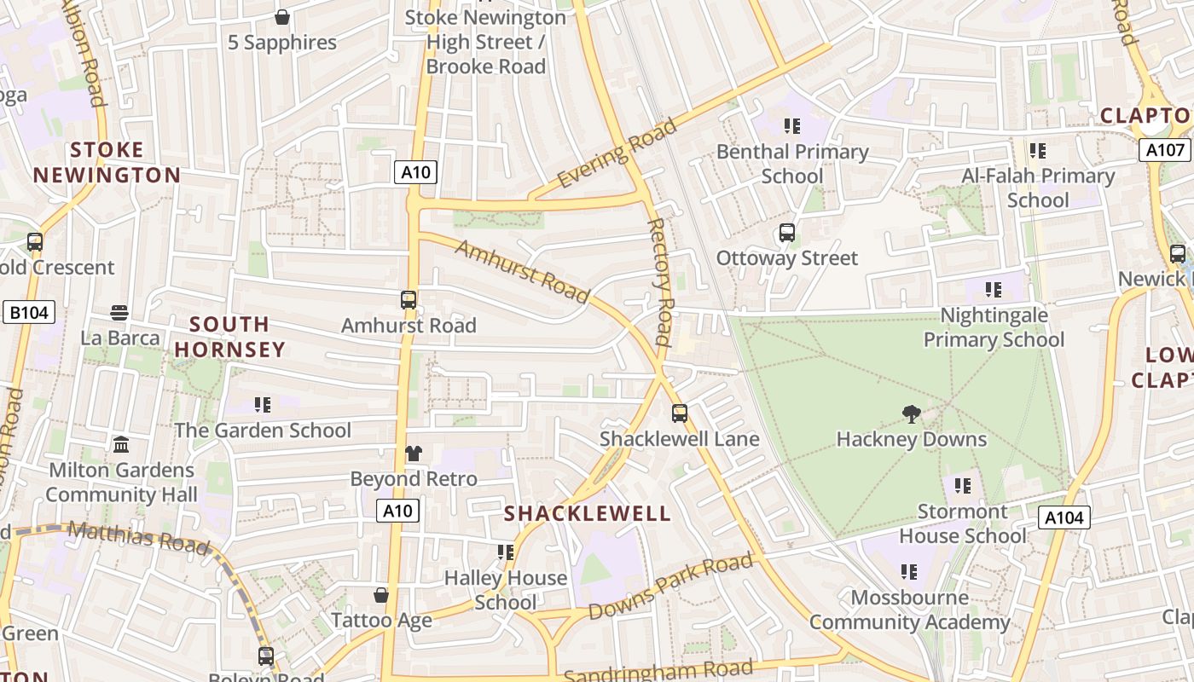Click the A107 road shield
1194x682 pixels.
pyautogui.click(x=1165, y=151)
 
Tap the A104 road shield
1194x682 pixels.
pyautogui.click(x=1064, y=517)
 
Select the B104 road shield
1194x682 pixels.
pyautogui.click(x=29, y=313)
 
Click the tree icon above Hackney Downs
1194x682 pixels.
pyautogui.click(x=911, y=415)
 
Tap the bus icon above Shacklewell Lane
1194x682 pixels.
pyautogui.click(x=679, y=413)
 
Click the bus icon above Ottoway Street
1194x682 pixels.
pyautogui.click(x=786, y=233)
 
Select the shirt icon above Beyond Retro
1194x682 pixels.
pyautogui.click(x=414, y=454)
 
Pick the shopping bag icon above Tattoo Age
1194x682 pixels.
pyautogui.click(x=381, y=595)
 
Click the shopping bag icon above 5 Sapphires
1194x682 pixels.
pyautogui.click(x=282, y=17)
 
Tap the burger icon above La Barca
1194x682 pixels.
pyautogui.click(x=119, y=313)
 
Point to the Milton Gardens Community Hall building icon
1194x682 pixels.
pyautogui.click(x=121, y=445)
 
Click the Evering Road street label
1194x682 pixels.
pyautogui.click(x=617, y=153)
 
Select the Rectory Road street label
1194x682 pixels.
pyautogui.click(x=660, y=281)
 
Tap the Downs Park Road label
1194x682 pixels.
pyautogui.click(x=670, y=587)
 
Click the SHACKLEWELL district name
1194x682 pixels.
pyautogui.click(x=588, y=513)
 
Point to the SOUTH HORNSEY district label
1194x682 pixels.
pyautogui.click(x=229, y=337)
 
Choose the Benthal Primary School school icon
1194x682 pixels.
pyautogui.click(x=792, y=126)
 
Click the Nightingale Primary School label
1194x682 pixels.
pyautogui.click(x=994, y=327)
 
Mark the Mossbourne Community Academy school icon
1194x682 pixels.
pyautogui.click(x=909, y=572)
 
